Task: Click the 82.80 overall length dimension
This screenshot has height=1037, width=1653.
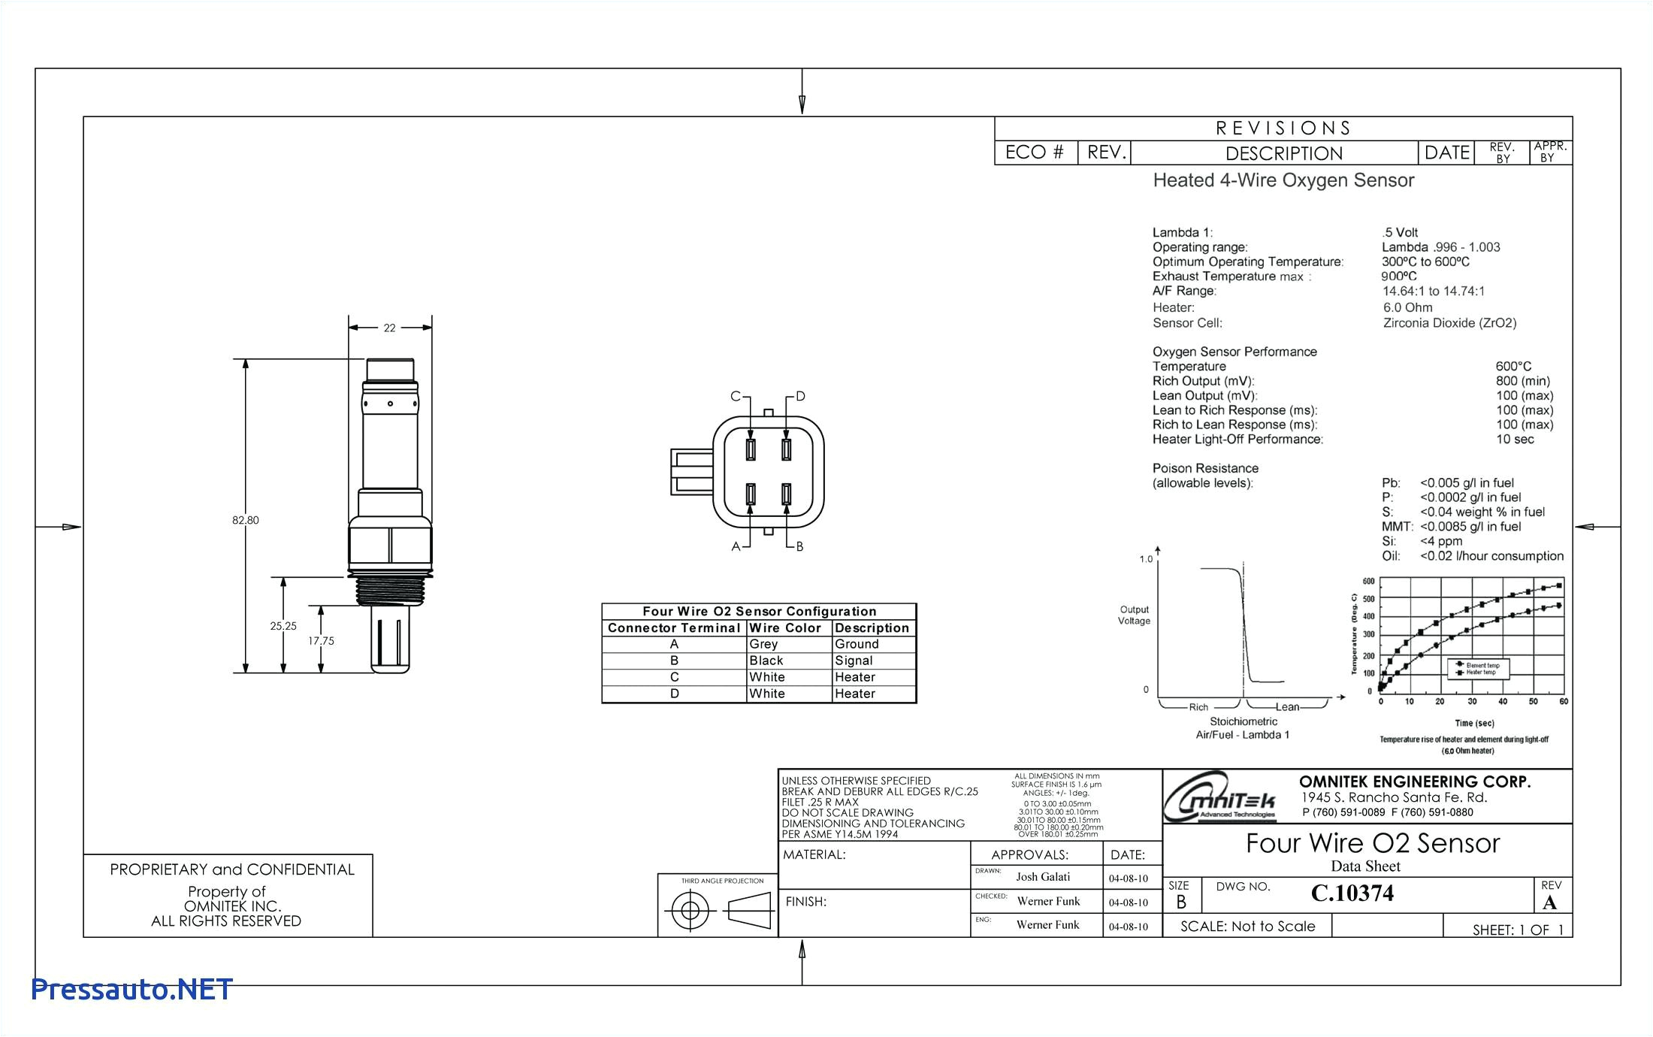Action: pyautogui.click(x=245, y=520)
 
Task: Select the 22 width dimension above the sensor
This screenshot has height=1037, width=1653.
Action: pyautogui.click(x=389, y=328)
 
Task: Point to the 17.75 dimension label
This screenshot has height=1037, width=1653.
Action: pyautogui.click(x=321, y=641)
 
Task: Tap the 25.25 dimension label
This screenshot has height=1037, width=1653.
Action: pyautogui.click(x=283, y=626)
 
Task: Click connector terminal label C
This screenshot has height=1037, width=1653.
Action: pyautogui.click(x=736, y=397)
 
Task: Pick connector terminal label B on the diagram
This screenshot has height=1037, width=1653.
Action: pyautogui.click(x=799, y=546)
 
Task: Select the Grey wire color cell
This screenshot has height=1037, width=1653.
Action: pyautogui.click(x=763, y=644)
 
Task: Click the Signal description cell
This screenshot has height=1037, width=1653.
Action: pyautogui.click(x=854, y=661)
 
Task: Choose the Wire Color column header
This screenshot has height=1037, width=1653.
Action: pyautogui.click(x=785, y=627)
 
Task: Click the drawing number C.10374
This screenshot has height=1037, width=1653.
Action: pyautogui.click(x=1352, y=893)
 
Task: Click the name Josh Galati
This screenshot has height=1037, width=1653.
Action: pyautogui.click(x=1043, y=877)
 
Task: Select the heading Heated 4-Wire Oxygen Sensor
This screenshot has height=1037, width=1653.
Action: pyautogui.click(x=1283, y=180)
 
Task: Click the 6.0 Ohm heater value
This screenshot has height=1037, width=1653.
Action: pyautogui.click(x=1407, y=307)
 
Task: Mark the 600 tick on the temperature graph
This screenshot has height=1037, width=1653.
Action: pyautogui.click(x=1368, y=581)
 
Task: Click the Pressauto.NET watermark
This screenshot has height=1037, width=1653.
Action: pyautogui.click(x=131, y=990)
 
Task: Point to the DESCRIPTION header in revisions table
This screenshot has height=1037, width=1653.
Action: pyautogui.click(x=1283, y=153)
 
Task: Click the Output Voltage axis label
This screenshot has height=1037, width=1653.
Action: pyautogui.click(x=1134, y=615)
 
